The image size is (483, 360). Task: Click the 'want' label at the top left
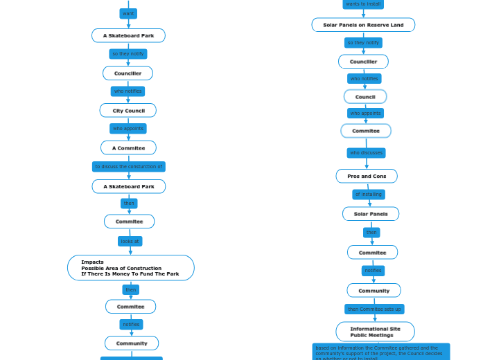(x=128, y=13)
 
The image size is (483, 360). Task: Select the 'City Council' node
(x=128, y=110)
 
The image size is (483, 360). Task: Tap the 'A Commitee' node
(x=128, y=147)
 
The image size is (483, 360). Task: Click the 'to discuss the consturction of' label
(x=129, y=166)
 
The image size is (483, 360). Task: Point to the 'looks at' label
(x=130, y=241)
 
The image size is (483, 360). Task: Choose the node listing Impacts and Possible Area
(x=130, y=268)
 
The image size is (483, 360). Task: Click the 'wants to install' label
(x=363, y=4)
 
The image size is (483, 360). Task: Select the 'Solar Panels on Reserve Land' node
(x=363, y=25)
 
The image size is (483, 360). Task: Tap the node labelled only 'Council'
(x=365, y=96)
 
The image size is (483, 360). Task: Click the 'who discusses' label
(x=366, y=152)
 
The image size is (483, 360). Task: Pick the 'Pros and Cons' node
(x=367, y=176)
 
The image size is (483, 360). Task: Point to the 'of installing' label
(x=369, y=195)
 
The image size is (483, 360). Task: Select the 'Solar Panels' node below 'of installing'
(x=371, y=214)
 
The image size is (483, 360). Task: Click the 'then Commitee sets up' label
(x=374, y=309)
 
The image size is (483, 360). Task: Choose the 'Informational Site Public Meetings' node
(x=375, y=332)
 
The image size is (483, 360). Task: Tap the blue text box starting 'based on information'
(x=380, y=352)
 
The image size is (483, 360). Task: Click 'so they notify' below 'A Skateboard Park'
(x=128, y=53)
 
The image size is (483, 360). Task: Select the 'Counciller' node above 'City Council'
(x=128, y=73)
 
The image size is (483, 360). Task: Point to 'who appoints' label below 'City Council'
(x=128, y=128)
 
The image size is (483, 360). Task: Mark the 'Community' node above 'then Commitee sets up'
(x=374, y=290)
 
